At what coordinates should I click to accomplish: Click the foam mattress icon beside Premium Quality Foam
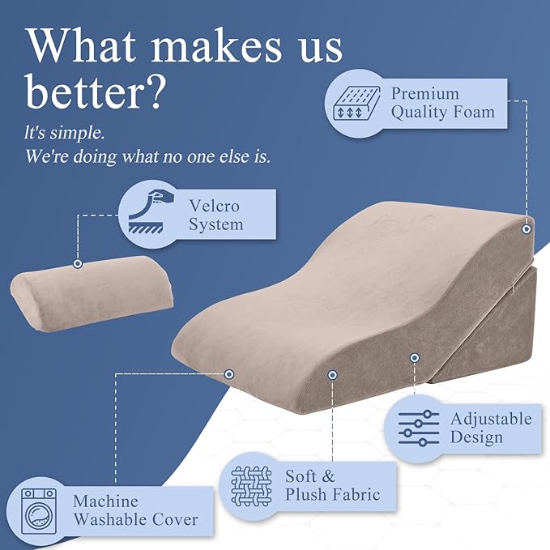[353, 103]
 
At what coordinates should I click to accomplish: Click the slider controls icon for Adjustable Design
[420, 427]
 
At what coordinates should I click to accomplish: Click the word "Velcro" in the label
[214, 207]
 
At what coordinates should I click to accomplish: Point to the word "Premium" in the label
[424, 94]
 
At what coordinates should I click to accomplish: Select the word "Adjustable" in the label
[491, 419]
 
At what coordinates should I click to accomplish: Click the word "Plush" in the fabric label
[310, 494]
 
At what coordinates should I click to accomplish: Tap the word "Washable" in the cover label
[110, 519]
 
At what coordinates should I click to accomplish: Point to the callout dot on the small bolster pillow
[78, 263]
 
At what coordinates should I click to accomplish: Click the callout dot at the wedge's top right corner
[527, 229]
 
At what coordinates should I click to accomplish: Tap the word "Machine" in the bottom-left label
[105, 501]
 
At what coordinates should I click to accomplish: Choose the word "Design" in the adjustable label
[476, 437]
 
